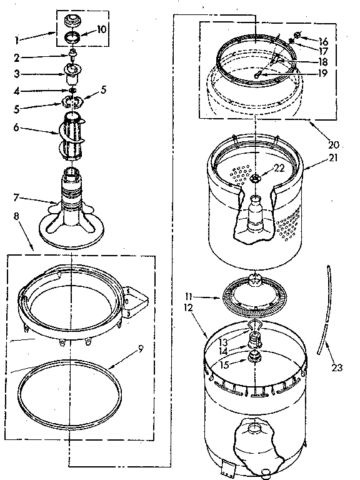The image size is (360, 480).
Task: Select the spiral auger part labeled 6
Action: [72, 137]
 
